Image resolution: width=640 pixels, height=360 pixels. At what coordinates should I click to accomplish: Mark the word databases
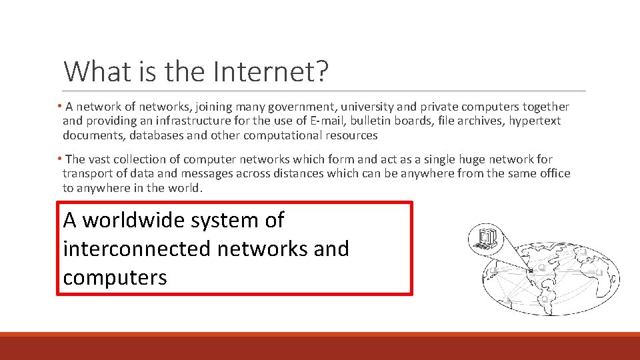click(x=154, y=136)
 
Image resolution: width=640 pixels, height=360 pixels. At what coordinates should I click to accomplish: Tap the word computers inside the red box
click(x=115, y=277)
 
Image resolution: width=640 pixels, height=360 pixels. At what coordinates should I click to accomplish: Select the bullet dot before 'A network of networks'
click(x=59, y=107)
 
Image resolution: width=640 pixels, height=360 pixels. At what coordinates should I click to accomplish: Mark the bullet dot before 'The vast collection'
click(x=59, y=159)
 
